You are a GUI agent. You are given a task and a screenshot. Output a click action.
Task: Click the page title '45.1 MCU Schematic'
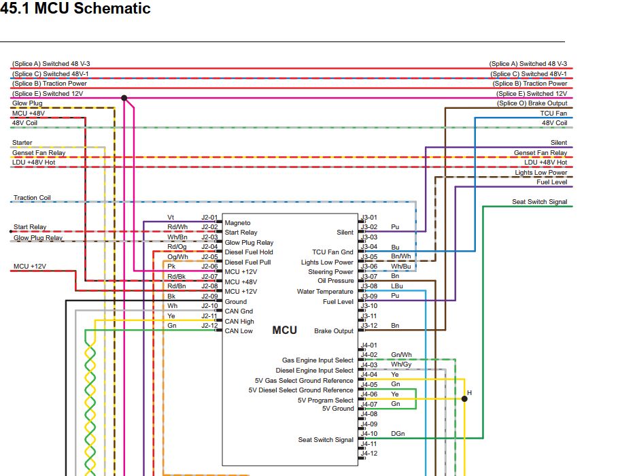(x=75, y=8)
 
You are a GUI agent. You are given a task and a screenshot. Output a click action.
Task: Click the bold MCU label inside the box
(x=285, y=330)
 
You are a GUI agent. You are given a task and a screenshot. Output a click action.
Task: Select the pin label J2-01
(x=209, y=218)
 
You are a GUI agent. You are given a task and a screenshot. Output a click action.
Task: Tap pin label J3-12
(x=369, y=325)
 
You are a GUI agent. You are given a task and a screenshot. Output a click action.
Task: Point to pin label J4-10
(x=369, y=433)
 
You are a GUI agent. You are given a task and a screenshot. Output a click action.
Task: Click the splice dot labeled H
(x=464, y=398)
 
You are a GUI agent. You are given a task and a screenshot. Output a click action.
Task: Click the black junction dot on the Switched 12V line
(x=124, y=98)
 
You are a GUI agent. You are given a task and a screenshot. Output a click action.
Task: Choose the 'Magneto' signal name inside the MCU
(x=237, y=223)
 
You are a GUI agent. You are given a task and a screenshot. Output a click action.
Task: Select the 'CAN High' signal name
(x=239, y=322)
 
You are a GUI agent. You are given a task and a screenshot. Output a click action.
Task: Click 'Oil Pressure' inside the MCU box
(x=336, y=281)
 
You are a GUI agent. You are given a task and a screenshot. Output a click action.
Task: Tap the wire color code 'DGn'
(x=398, y=433)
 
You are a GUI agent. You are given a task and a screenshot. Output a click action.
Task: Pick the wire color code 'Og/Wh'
(x=177, y=257)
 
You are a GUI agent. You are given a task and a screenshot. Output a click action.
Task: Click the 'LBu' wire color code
(x=397, y=286)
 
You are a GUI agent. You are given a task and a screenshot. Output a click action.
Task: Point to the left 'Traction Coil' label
(x=32, y=198)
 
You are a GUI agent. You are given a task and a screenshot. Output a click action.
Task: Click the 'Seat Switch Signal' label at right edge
(x=540, y=201)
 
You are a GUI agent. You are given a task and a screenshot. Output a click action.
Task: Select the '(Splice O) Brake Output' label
(x=532, y=103)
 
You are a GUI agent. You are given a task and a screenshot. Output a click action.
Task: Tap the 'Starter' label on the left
(x=22, y=142)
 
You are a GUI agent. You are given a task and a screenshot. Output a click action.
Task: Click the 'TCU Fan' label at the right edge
(x=553, y=113)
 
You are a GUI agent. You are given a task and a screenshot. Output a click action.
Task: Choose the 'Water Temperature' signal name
(x=325, y=292)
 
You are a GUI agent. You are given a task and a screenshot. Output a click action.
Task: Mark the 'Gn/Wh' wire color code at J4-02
(x=401, y=354)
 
